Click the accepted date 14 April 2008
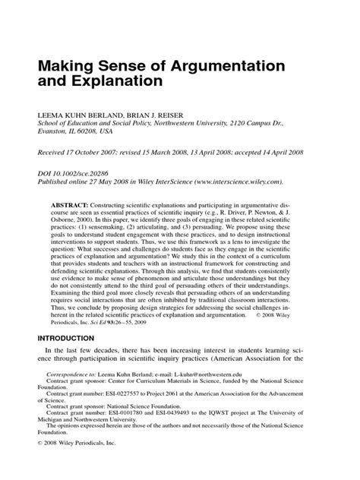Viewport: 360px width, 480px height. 285,152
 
